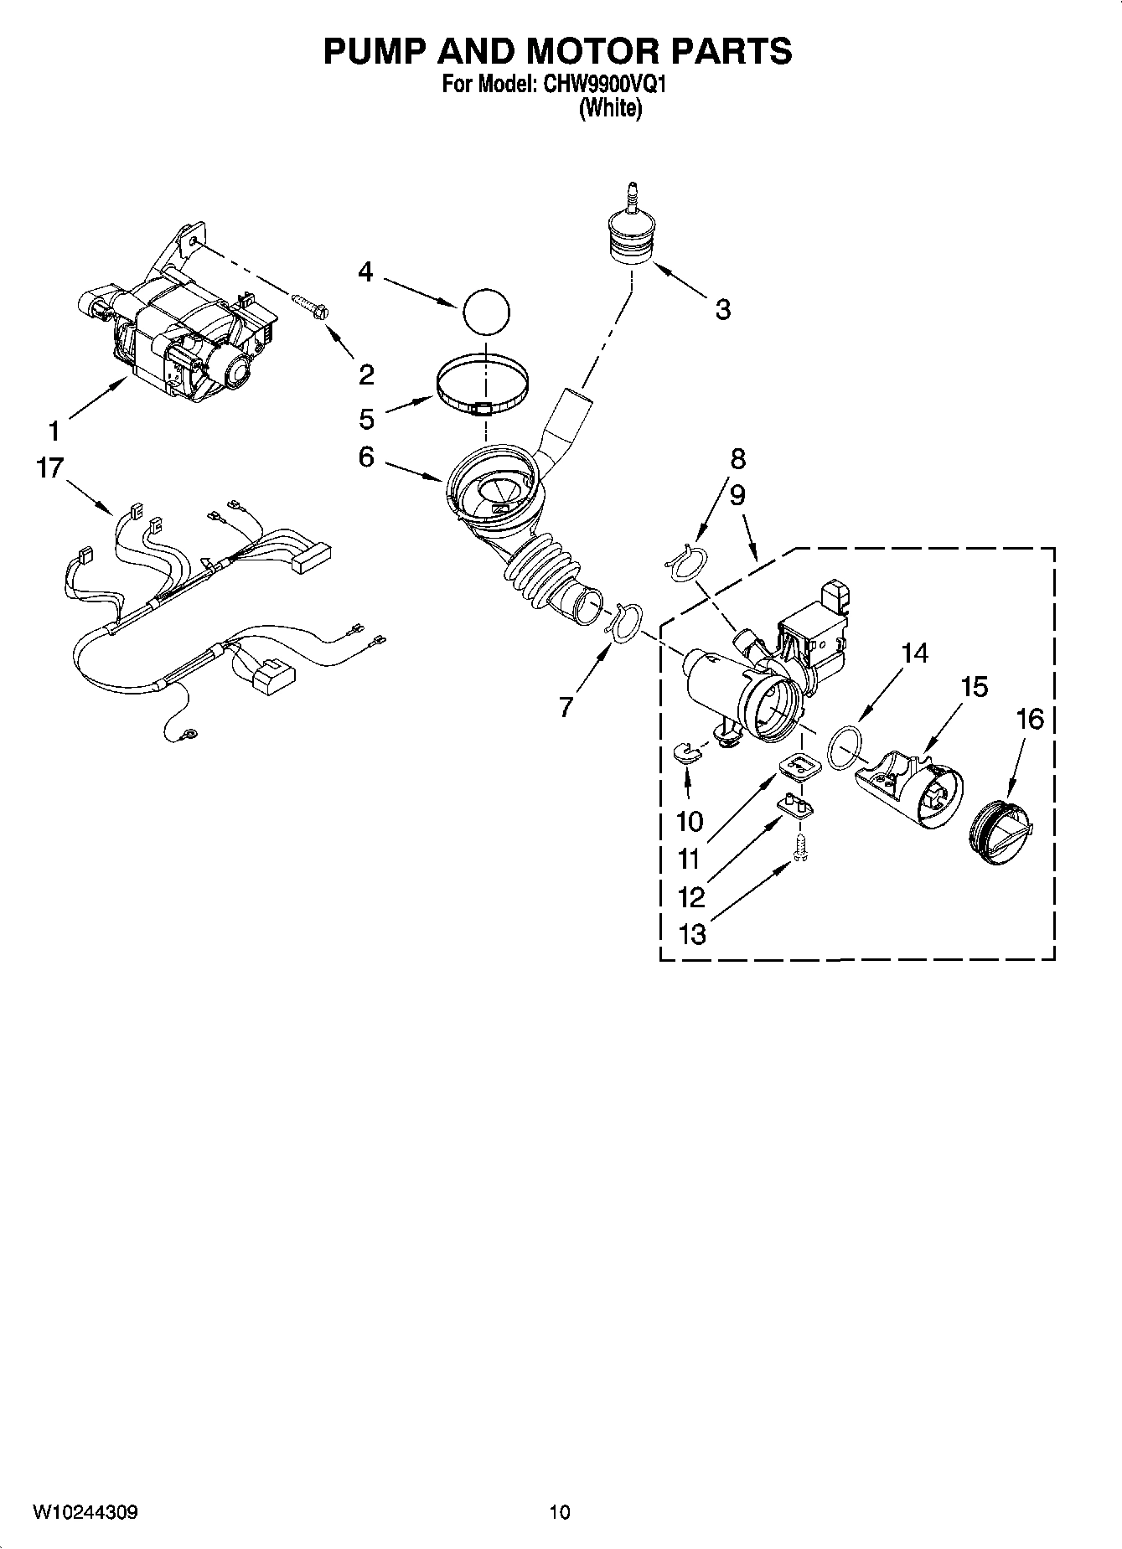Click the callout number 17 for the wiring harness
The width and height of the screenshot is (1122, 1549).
[49, 467]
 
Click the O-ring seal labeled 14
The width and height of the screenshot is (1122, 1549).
[845, 745]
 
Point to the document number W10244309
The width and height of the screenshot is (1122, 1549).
[85, 1513]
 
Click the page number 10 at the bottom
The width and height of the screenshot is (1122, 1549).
[560, 1513]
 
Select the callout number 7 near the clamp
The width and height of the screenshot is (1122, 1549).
[566, 708]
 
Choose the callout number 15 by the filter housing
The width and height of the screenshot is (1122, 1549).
[975, 687]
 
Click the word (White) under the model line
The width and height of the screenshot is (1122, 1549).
[610, 109]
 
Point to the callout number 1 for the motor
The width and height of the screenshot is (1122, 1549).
[54, 431]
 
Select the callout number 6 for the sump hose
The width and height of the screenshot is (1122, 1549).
[366, 457]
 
